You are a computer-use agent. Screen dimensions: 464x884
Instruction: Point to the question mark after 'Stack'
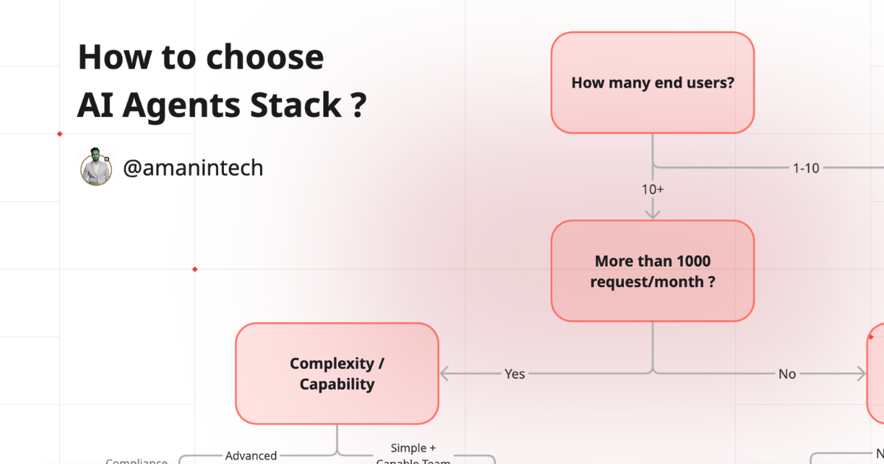pyautogui.click(x=357, y=106)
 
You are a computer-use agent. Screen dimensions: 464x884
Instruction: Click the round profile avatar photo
pyautogui.click(x=96, y=167)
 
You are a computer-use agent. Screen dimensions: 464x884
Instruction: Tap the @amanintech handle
pyautogui.click(x=192, y=168)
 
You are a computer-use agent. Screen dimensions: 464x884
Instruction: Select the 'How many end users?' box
pyautogui.click(x=652, y=82)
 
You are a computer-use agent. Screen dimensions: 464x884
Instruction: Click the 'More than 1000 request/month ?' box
pyautogui.click(x=652, y=271)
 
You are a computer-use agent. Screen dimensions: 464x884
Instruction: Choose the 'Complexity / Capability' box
pyautogui.click(x=337, y=373)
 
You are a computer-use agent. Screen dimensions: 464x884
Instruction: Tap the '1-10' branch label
pyautogui.click(x=805, y=168)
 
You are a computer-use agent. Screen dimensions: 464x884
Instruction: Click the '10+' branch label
pyautogui.click(x=652, y=189)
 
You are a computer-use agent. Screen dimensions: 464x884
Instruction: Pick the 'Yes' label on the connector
pyautogui.click(x=514, y=374)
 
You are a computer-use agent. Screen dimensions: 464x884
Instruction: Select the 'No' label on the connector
pyautogui.click(x=787, y=374)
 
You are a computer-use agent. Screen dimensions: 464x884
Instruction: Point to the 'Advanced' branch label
pyautogui.click(x=250, y=456)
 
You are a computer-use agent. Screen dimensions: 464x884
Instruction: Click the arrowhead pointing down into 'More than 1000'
pyautogui.click(x=652, y=214)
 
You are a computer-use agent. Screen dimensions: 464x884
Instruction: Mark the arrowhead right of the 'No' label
pyautogui.click(x=860, y=374)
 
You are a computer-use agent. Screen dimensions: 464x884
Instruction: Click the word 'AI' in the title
pyautogui.click(x=95, y=106)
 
